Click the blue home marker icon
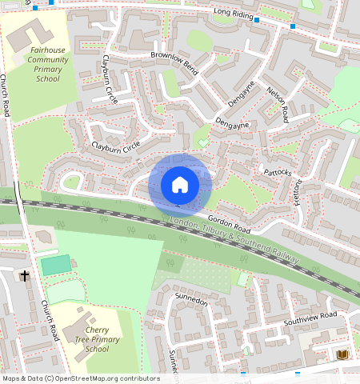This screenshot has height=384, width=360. point(180,185)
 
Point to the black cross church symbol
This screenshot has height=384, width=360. point(25,276)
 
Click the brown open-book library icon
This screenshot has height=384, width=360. point(343,354)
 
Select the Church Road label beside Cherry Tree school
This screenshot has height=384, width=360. point(50,320)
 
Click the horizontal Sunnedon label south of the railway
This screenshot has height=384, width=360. point(191,302)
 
